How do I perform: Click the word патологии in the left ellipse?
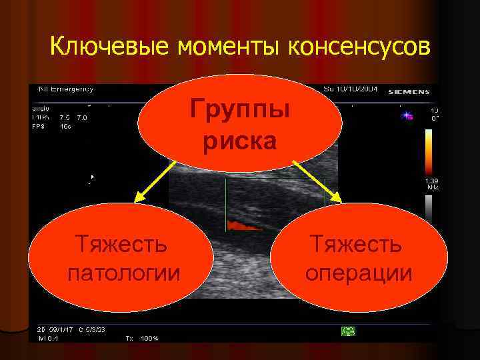124,273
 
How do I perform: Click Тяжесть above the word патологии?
124,244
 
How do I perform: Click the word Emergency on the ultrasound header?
73,89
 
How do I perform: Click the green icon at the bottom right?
347,331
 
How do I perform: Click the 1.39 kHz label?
432,184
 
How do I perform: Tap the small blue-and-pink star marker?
407,116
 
